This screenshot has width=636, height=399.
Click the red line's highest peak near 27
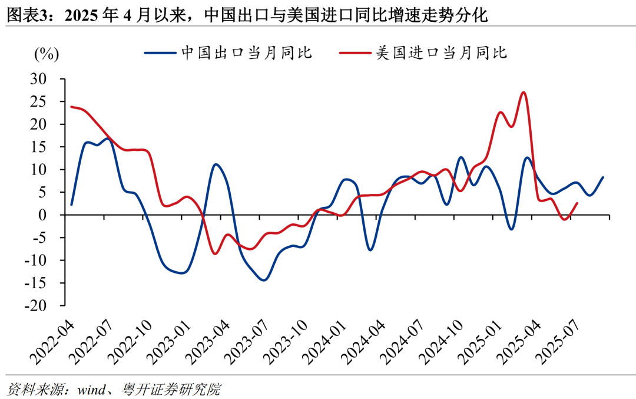tap(524, 92)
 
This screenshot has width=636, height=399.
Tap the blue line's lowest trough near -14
tap(263, 280)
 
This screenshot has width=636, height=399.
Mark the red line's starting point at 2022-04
tap(71, 107)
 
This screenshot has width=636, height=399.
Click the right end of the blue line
tap(603, 177)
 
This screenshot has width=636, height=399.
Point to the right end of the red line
tap(577, 203)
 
